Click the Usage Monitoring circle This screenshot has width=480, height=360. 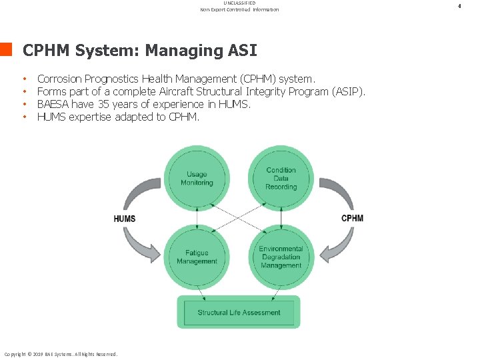tap(197, 178)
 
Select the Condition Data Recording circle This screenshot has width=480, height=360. tap(281, 178)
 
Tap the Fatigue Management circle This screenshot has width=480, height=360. tap(197, 257)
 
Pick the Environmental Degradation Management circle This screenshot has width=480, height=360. tap(281, 257)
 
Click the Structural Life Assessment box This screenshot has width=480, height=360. tap(239, 313)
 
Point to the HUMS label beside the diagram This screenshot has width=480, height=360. tap(125, 219)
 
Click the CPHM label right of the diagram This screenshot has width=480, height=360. tap(353, 218)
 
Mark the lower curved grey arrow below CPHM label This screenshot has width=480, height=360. tap(337, 245)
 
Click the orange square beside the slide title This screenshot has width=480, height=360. tap(7, 49)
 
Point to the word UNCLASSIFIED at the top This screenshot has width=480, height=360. tap(239, 3)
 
